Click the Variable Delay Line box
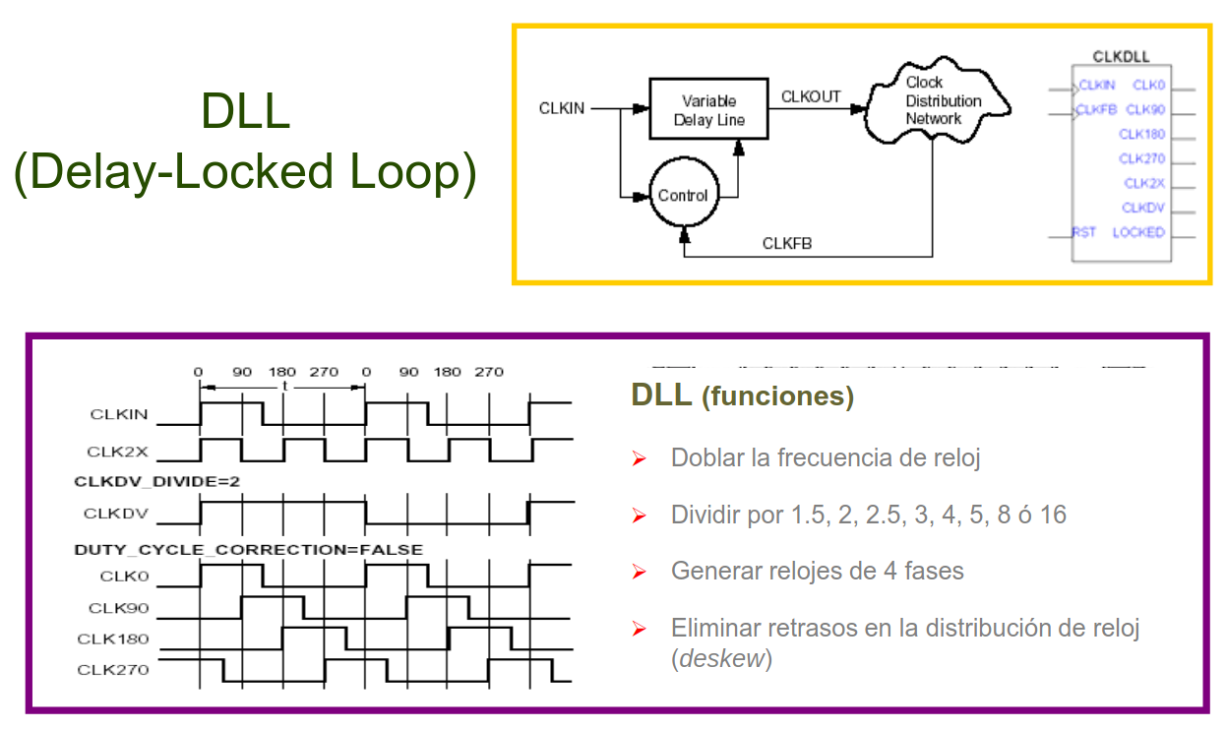(x=708, y=110)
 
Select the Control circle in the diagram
(x=683, y=196)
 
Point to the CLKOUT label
(x=811, y=96)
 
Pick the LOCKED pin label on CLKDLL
(x=1138, y=233)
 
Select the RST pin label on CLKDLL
(x=1084, y=233)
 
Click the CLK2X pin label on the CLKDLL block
(x=1144, y=184)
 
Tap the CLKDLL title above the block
(x=1121, y=57)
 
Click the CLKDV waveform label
(x=116, y=514)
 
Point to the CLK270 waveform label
(x=113, y=670)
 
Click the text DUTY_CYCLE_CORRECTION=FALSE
(x=249, y=549)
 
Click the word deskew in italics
(x=721, y=658)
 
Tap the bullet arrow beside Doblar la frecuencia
(x=639, y=458)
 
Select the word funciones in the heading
(x=777, y=396)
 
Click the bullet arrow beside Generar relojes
(x=639, y=572)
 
